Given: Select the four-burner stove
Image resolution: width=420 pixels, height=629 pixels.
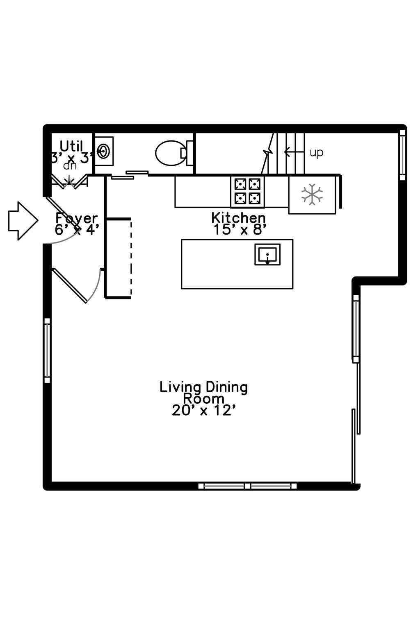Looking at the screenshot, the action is click(x=247, y=192).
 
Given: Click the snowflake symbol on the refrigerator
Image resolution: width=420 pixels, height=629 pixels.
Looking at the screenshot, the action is click(x=312, y=194).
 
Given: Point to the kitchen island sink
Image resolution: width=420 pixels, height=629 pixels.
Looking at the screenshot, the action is click(x=267, y=254).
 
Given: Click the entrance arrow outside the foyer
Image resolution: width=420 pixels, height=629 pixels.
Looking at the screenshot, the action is click(x=23, y=221).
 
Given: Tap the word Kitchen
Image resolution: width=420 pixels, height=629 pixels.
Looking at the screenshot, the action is click(x=238, y=218).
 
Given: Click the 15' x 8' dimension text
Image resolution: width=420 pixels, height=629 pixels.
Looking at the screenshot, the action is click(x=240, y=230).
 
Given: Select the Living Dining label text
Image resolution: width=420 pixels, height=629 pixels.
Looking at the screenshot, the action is click(x=204, y=387).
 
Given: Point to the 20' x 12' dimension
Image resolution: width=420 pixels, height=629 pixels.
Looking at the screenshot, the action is click(x=203, y=411).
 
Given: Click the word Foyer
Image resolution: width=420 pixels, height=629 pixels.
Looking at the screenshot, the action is click(x=77, y=219).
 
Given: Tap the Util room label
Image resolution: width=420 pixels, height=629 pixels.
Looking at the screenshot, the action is click(x=71, y=146).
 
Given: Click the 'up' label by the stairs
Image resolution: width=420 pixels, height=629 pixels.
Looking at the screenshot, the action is click(x=317, y=153).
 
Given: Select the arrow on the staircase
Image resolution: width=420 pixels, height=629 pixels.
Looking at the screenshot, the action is click(x=294, y=152).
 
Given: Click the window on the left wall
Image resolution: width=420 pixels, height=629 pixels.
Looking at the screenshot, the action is click(x=47, y=351).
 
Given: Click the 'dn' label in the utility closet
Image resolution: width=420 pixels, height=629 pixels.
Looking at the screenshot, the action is click(x=70, y=166).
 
